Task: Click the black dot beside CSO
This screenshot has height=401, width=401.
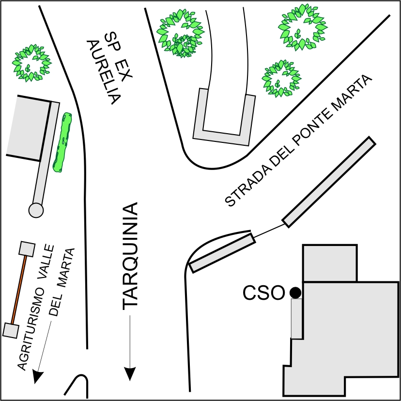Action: click(x=295, y=293)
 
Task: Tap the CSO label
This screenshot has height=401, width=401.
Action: click(x=263, y=293)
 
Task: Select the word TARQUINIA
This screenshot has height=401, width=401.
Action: click(x=130, y=256)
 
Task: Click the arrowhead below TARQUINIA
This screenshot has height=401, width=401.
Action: click(x=130, y=373)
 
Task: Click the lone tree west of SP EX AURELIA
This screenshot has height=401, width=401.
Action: click(x=32, y=62)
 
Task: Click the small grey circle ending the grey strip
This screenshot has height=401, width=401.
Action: click(x=36, y=210)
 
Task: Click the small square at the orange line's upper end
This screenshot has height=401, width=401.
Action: click(x=26, y=248)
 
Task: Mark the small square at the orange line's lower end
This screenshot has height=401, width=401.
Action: click(x=11, y=330)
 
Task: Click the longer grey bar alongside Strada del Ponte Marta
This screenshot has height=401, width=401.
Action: click(x=329, y=182)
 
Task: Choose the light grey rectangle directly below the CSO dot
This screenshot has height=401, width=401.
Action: click(x=296, y=319)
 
